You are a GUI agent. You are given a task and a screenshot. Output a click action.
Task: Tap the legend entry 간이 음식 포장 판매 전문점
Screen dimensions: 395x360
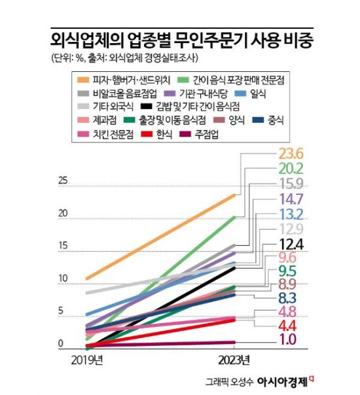[236, 80]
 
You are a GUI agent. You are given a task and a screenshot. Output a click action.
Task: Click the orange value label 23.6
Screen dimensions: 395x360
[292, 154]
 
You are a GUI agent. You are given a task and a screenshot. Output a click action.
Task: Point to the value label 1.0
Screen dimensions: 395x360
[292, 339]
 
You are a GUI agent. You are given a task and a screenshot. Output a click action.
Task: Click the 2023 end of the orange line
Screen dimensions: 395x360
[235, 194]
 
